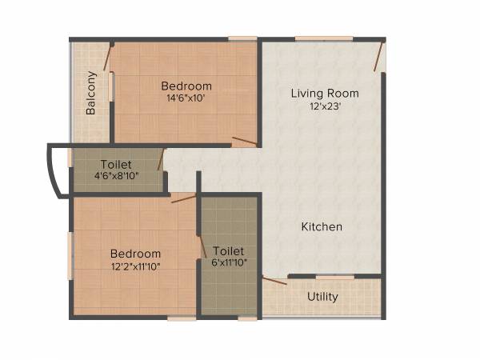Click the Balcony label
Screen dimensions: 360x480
coord(91,93)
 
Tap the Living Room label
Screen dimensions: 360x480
coord(324,94)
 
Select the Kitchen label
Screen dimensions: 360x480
coord(322,227)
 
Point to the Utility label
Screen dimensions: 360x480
coord(322,297)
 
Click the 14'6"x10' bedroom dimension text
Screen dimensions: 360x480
coord(186,98)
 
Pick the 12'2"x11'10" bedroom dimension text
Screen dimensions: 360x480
coord(135,266)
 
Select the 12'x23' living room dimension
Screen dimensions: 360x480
coord(324,106)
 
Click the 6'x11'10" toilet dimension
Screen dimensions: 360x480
coord(229,262)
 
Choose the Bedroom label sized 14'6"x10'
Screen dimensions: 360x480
coord(186,86)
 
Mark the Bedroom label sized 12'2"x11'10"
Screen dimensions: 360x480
coord(135,254)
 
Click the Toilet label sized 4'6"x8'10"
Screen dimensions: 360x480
coord(116,165)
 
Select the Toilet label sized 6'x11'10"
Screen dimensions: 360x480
coord(229,250)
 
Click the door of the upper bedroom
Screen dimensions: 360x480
coord(244,142)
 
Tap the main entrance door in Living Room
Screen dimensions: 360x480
coord(380,56)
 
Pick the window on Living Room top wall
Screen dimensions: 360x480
coord(323,38)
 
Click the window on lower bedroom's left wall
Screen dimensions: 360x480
coord(70,256)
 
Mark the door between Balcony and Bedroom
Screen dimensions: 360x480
coord(106,56)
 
